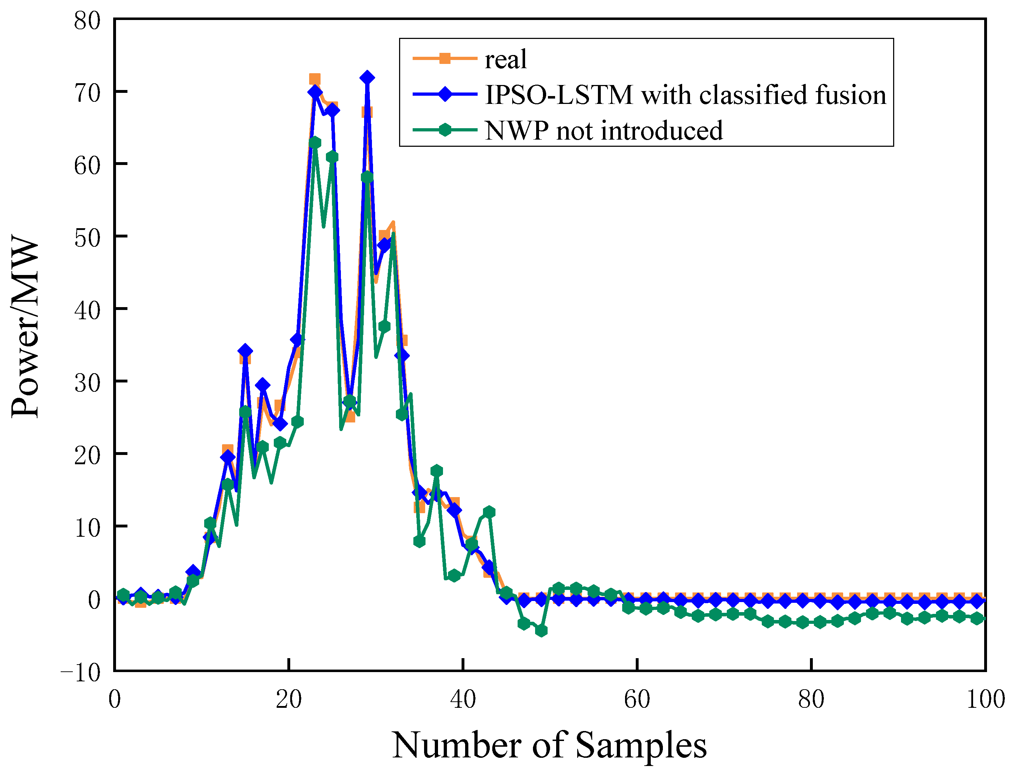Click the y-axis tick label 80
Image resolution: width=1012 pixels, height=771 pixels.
[x=87, y=21]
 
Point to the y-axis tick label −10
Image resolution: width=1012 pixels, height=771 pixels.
[x=81, y=673]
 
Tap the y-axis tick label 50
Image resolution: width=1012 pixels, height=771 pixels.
[x=87, y=238]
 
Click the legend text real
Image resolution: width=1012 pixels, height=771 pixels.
[x=505, y=60]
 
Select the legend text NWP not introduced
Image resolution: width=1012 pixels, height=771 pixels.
[x=604, y=131]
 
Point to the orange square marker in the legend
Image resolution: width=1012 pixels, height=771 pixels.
[x=444, y=58]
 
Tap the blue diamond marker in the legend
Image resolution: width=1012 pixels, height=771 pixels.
[x=444, y=95]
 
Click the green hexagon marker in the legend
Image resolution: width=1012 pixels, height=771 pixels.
[x=444, y=130]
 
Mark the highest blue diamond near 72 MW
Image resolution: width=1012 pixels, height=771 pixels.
[x=367, y=77]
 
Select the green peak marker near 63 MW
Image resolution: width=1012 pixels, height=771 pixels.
[x=315, y=143]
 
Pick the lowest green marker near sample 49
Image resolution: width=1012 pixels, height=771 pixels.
[x=541, y=631]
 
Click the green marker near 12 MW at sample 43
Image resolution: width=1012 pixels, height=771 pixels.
[x=489, y=512]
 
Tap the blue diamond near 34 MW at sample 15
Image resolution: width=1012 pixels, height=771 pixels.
[x=245, y=351]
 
